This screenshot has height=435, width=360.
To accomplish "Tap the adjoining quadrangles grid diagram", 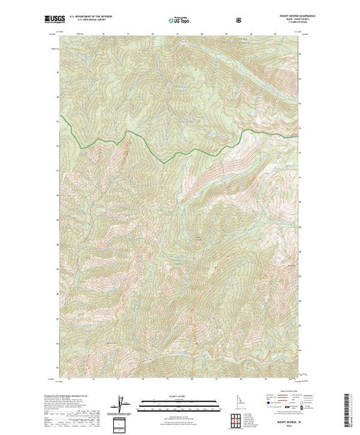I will coord(243,419).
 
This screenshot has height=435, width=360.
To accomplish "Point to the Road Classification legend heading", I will coord(278,397).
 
